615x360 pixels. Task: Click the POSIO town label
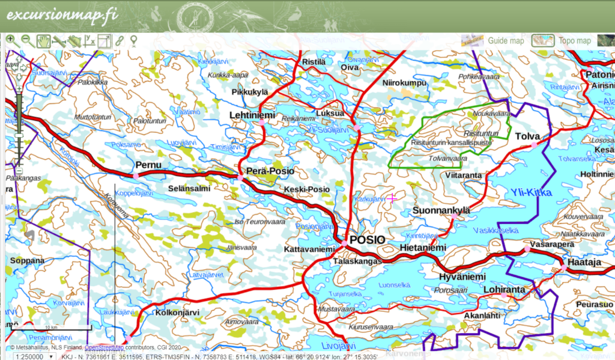367,239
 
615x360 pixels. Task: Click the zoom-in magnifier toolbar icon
10,41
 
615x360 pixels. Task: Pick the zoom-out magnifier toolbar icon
26,41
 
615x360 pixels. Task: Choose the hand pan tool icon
43,41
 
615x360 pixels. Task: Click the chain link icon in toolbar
120,41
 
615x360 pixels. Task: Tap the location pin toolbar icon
133,41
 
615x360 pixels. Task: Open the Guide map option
506,41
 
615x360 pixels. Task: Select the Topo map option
575,41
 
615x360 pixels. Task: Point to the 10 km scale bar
51,328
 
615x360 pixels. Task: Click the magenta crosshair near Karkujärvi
392,198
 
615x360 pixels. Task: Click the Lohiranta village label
504,290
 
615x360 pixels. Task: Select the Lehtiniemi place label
252,115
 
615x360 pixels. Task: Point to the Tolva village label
528,136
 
